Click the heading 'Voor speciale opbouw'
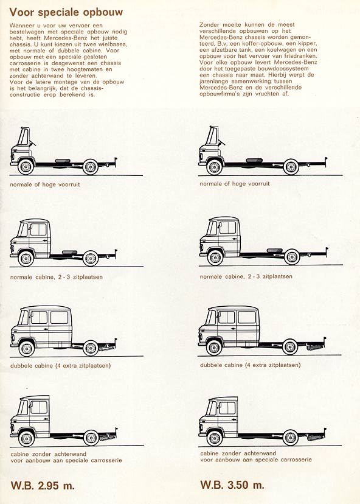66,12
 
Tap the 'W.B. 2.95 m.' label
43,485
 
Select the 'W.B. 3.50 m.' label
232,485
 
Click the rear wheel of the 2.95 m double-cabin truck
91,348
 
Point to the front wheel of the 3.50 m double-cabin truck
214,347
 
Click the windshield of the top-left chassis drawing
24,136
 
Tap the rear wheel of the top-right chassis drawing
291,167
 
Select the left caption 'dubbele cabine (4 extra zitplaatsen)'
60,365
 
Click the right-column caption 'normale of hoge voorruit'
235,184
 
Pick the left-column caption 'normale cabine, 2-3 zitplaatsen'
56,277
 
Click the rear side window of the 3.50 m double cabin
247,317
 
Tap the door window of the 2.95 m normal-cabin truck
38,229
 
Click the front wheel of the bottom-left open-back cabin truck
26,438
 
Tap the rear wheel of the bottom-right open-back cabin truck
290,438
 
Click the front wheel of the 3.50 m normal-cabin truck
215,257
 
